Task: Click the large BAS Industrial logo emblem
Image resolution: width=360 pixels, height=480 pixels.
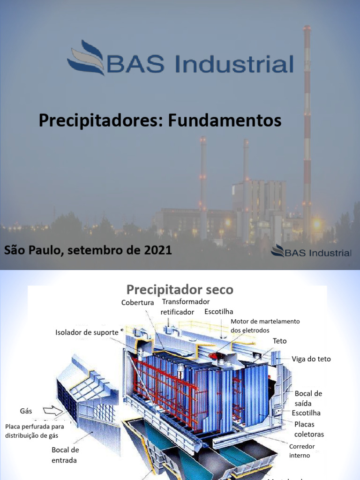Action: coord(86,58)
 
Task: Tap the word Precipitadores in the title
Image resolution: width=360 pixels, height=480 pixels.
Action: coord(100,120)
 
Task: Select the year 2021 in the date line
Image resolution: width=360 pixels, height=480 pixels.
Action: coord(157,250)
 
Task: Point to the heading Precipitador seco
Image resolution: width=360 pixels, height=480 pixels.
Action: coord(180,289)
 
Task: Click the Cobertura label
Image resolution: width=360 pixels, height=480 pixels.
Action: coord(137,303)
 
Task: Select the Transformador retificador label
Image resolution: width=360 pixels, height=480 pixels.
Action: coord(185,307)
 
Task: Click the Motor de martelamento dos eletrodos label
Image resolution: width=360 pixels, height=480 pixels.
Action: coord(265,325)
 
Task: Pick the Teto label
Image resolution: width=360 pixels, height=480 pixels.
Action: coord(279,341)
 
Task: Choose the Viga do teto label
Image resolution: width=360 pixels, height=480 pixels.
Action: coord(311,359)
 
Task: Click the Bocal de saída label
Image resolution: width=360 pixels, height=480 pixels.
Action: coord(308,398)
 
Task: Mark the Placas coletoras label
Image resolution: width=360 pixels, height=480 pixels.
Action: coord(309,429)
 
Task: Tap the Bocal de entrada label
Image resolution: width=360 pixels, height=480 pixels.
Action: coord(65,455)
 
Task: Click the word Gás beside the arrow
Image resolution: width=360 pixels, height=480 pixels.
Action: coord(26,411)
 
